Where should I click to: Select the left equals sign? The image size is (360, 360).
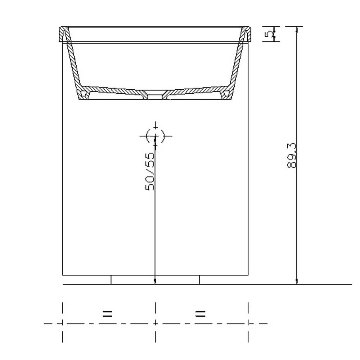pyautogui.click(x=107, y=313)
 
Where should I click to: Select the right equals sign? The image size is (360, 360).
pyautogui.click(x=200, y=313)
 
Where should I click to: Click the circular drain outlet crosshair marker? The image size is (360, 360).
pyautogui.click(x=156, y=136)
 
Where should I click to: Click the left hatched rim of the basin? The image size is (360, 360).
pyautogui.click(x=64, y=34)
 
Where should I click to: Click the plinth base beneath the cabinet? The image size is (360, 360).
pyautogui.click(x=155, y=280)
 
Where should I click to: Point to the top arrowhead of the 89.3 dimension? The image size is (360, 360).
pyautogui.click(x=297, y=29)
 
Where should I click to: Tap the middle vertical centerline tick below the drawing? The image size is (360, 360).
pyautogui.click(x=156, y=322)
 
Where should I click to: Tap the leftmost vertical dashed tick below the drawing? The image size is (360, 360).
pyautogui.click(x=63, y=322)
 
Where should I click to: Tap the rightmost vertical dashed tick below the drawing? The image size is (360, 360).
pyautogui.click(x=248, y=322)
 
